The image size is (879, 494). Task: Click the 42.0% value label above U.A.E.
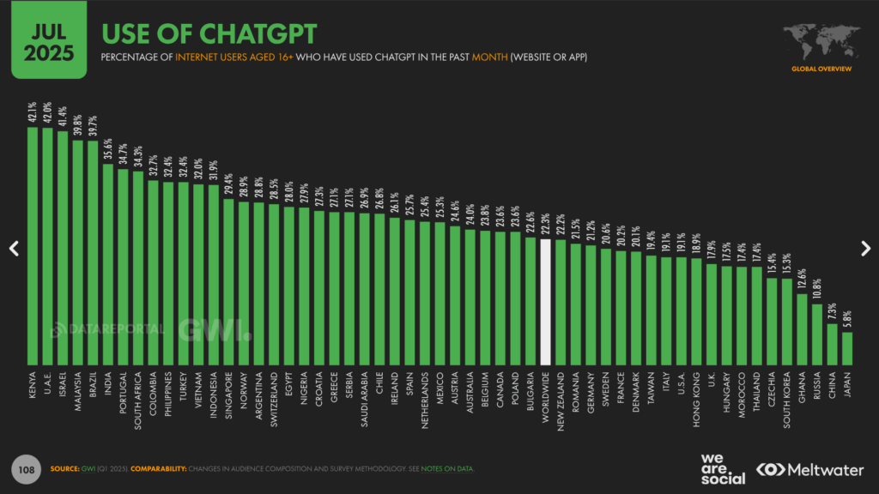pyautogui.click(x=47, y=115)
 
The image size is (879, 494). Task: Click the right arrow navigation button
pyautogui.click(x=865, y=248)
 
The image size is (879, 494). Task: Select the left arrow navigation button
pyautogui.click(x=14, y=248)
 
